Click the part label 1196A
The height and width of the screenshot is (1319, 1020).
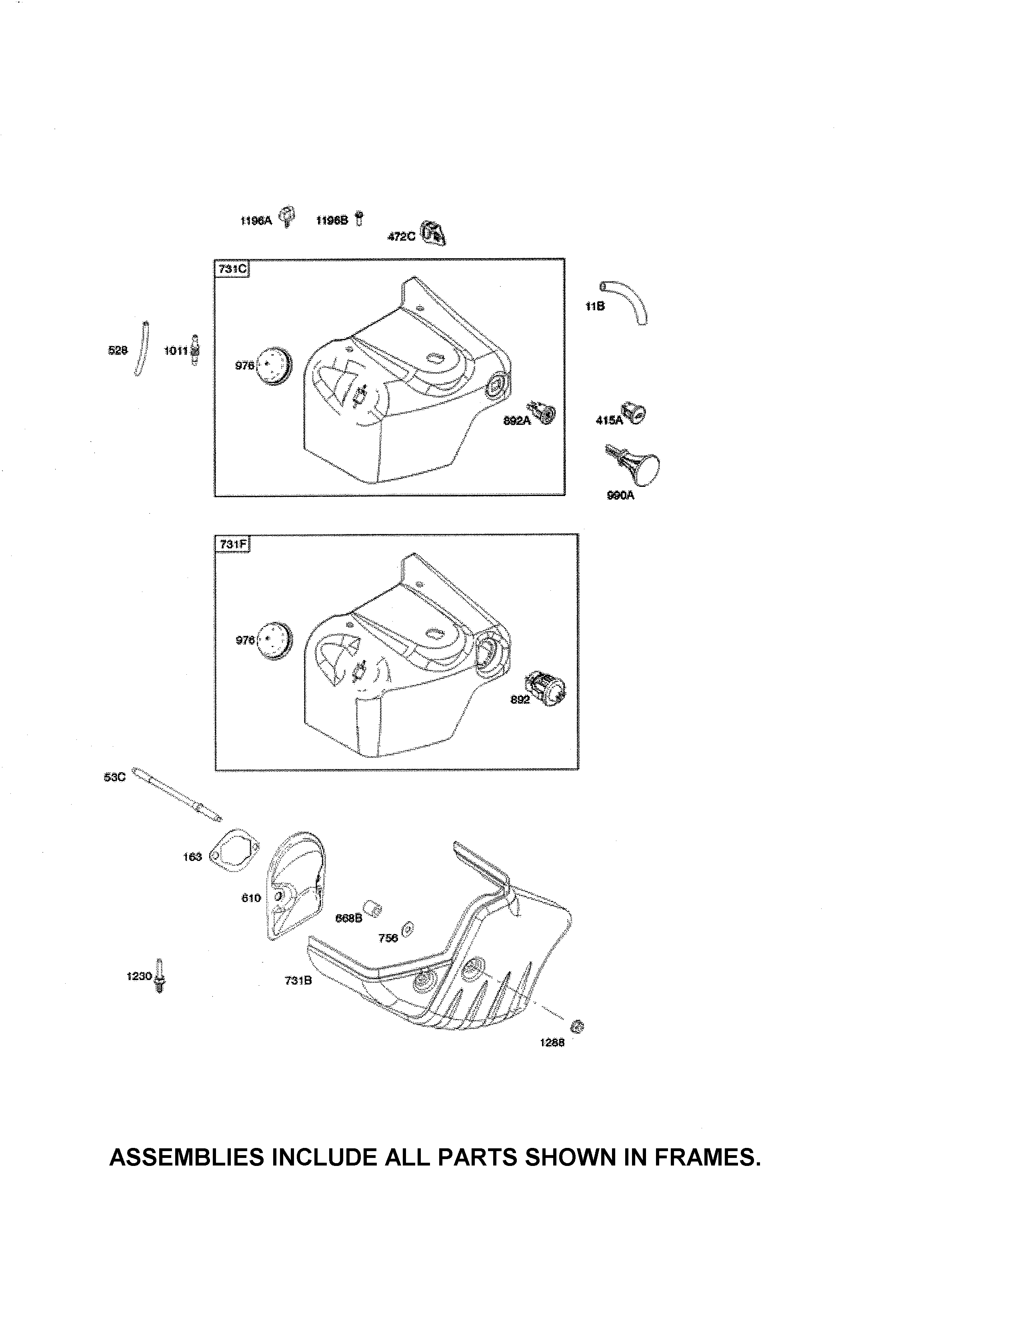pyautogui.click(x=256, y=221)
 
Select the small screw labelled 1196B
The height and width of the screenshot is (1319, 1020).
pyautogui.click(x=359, y=219)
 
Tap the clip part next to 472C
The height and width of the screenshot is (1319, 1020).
pyautogui.click(x=433, y=233)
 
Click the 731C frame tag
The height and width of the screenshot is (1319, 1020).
pyautogui.click(x=233, y=269)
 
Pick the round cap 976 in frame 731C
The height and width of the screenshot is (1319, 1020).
pyautogui.click(x=275, y=365)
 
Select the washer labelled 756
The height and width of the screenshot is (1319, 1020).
pyautogui.click(x=407, y=930)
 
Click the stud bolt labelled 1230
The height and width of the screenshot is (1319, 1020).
pyautogui.click(x=160, y=976)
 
